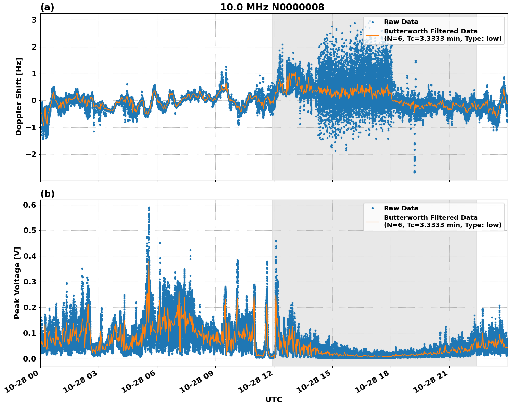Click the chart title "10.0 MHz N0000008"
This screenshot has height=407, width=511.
pyautogui.click(x=272, y=7)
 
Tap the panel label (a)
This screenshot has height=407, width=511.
pyautogui.click(x=47, y=7)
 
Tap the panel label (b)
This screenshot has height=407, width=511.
pyautogui.click(x=47, y=194)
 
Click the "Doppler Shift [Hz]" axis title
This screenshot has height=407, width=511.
pyautogui.click(x=19, y=97)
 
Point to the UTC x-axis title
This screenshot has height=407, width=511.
pyautogui.click(x=274, y=399)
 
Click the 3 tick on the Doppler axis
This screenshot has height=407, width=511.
pyautogui.click(x=34, y=20)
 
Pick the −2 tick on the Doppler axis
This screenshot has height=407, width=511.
pyautogui.click(x=31, y=154)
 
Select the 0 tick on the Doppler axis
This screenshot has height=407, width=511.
pyautogui.click(x=34, y=101)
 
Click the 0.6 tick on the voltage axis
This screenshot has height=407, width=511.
pyautogui.click(x=30, y=205)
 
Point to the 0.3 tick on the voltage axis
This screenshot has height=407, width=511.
pyautogui.click(x=30, y=282)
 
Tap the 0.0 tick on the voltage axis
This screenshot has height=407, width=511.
pyautogui.click(x=30, y=359)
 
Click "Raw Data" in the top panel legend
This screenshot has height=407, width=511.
pyautogui.click(x=401, y=22)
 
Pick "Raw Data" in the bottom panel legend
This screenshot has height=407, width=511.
pyautogui.click(x=401, y=208)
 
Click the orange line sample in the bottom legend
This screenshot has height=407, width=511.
pyautogui.click(x=372, y=221)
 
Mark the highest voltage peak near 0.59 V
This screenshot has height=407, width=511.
pyautogui.click(x=149, y=208)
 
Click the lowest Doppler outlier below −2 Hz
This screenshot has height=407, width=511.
pyautogui.click(x=414, y=172)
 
